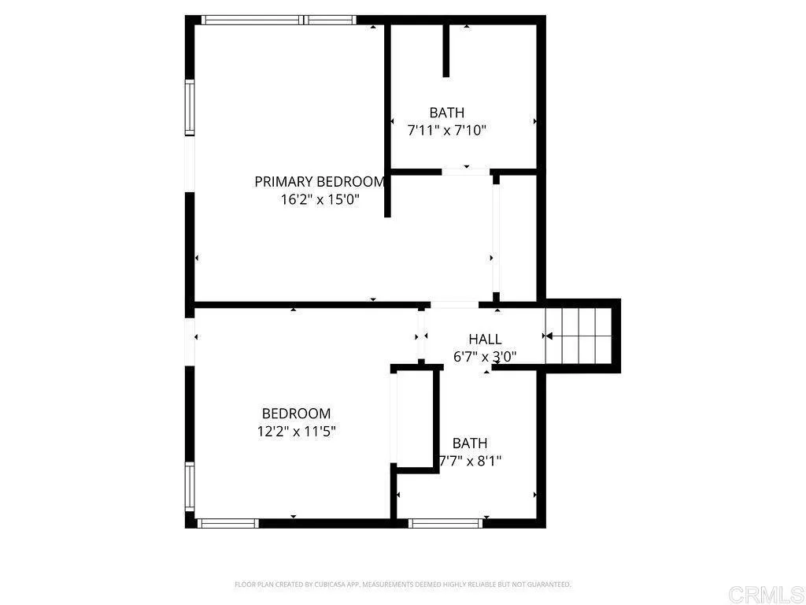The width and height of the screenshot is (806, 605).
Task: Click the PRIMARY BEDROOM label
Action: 320,181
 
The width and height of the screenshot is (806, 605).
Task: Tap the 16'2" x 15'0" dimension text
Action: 320,199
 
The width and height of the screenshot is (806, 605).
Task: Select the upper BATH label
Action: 446,113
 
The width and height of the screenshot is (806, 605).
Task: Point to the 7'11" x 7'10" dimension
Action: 446,130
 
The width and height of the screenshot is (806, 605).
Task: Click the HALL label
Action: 485,339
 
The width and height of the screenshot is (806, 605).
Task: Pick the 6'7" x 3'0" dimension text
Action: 485,356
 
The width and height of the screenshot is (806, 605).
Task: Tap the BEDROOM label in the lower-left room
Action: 296,414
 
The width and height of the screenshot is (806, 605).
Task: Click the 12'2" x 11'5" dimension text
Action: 296,431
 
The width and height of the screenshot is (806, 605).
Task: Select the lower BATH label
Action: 469,443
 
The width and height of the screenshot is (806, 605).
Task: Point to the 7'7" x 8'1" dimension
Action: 470,460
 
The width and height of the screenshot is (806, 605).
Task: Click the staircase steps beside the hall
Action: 582,335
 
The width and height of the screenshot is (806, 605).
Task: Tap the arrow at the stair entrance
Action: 549,336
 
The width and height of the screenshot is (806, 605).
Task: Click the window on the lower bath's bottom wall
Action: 446,522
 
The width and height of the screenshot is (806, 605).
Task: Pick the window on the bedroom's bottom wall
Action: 227,522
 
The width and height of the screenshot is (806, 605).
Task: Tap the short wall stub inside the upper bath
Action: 446,50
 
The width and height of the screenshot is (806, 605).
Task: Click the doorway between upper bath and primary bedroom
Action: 465,171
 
